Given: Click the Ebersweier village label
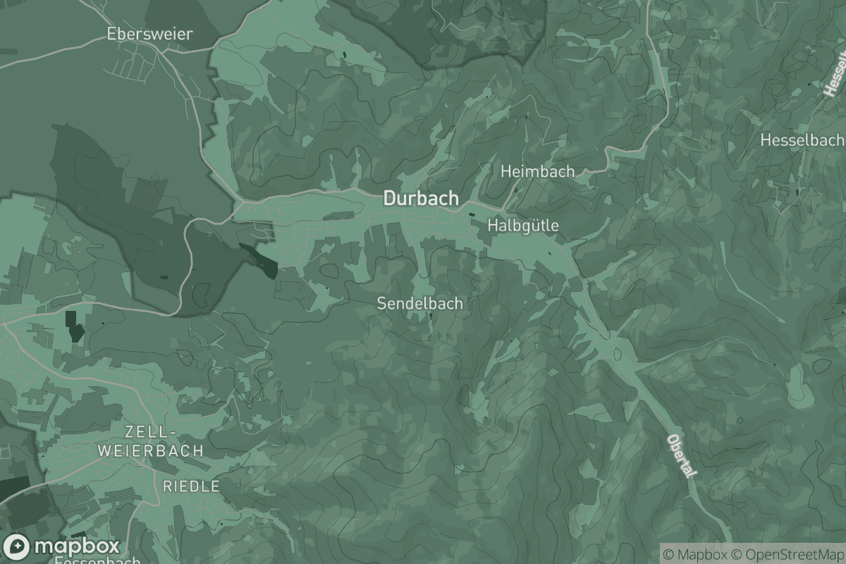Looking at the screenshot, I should coord(149,33).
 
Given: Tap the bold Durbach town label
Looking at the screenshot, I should coord(420,199).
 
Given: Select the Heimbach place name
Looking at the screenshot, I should coord(537,171).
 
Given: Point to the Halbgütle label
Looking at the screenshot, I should coord(522,226).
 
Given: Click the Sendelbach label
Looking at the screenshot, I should coord(420,304).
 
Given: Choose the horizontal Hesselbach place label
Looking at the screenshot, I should coord(802,140).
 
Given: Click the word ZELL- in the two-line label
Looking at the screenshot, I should coord(149,431).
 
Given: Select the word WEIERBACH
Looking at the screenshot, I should coord(161,450).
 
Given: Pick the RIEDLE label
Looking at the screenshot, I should coord(191,486).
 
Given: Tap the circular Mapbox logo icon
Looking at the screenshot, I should coord(17,547).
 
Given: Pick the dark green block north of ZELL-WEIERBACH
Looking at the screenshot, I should coord(73,326).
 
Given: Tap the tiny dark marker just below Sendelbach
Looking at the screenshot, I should coord(431,318).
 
